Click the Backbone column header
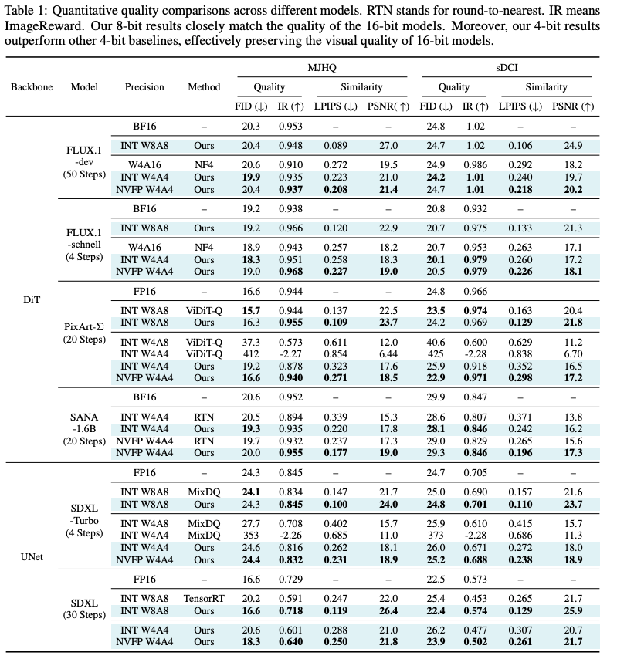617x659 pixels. (x=32, y=87)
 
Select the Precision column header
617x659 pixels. (x=145, y=87)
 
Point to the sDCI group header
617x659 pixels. (x=506, y=69)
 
